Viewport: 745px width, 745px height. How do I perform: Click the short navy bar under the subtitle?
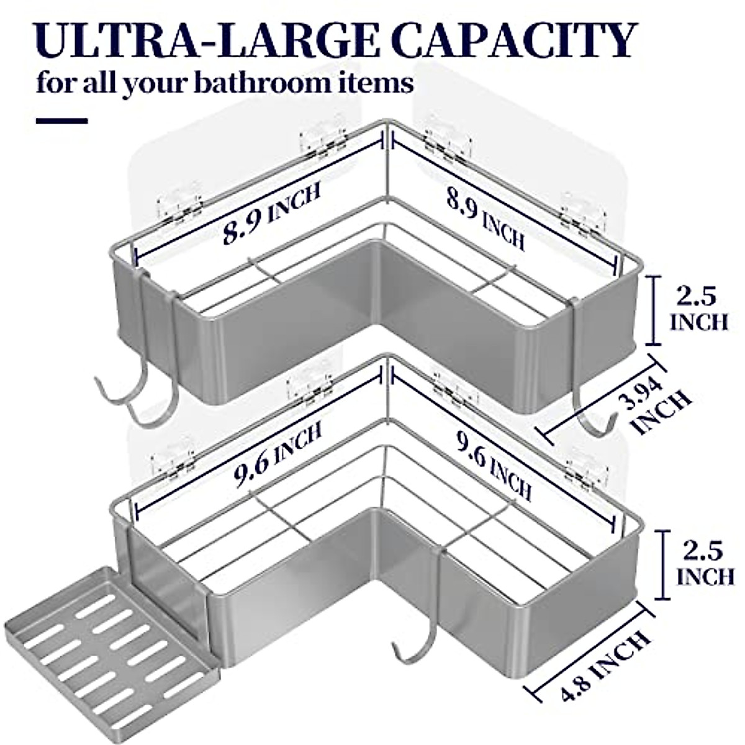(x=61, y=121)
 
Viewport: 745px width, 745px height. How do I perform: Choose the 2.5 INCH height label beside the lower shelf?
(x=705, y=562)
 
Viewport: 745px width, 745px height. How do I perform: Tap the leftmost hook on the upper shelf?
(x=118, y=391)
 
